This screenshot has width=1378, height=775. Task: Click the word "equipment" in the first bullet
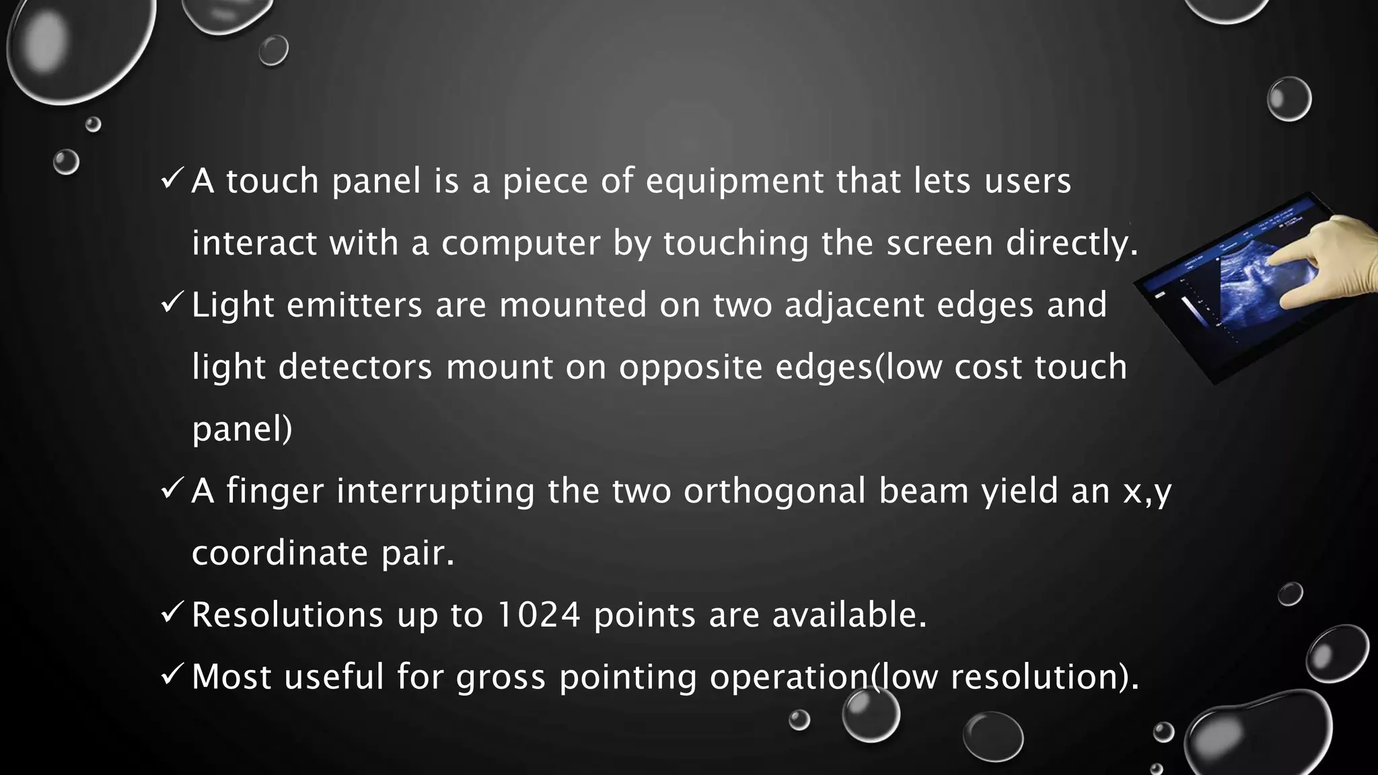click(734, 182)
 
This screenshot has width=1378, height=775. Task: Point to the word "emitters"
click(354, 305)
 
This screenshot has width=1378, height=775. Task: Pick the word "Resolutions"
click(287, 615)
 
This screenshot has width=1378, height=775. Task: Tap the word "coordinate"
click(280, 553)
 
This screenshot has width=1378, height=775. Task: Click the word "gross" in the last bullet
click(501, 677)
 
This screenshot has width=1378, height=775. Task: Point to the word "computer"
click(521, 244)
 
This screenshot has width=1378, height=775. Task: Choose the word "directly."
click(1072, 244)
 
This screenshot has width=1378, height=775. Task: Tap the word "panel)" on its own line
click(242, 429)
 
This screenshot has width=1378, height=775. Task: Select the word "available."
click(849, 615)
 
